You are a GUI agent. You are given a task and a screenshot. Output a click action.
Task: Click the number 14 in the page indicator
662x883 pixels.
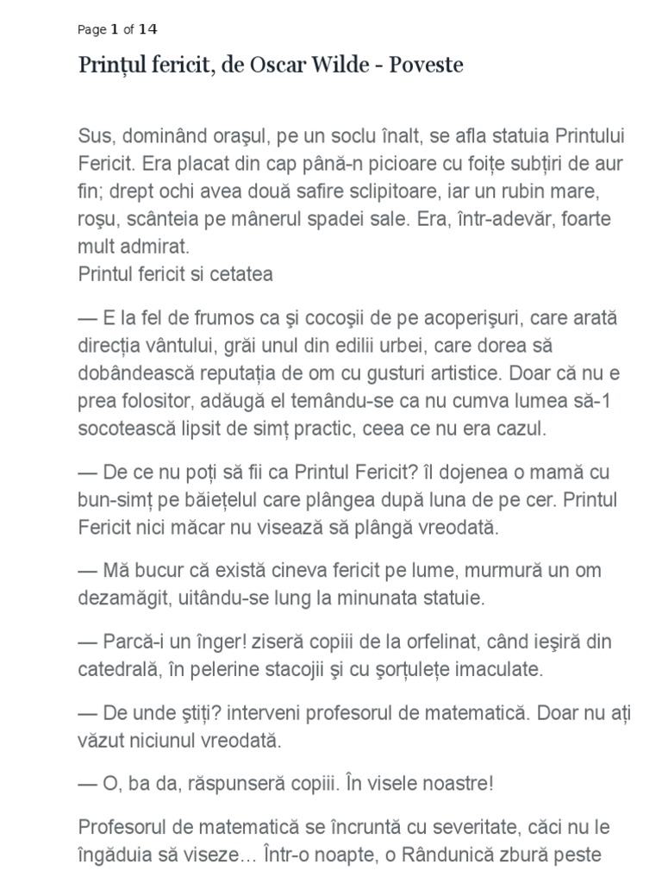point(148,29)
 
